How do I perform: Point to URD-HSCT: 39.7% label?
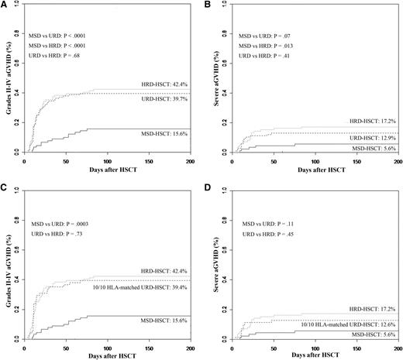pyautogui.click(x=165, y=99)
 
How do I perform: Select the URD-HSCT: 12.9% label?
pyautogui.click(x=371, y=135)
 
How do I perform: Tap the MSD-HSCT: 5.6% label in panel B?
pyautogui.click(x=373, y=148)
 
